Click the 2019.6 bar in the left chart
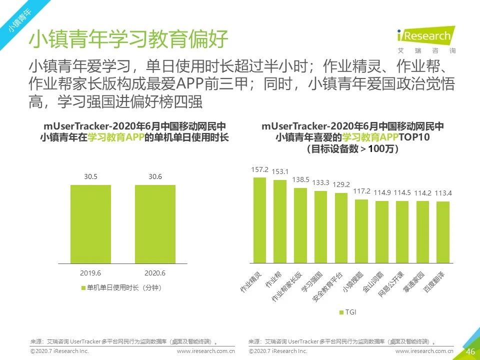point(90,224)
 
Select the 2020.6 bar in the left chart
point(155,224)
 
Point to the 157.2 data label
point(259,169)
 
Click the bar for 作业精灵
point(259,220)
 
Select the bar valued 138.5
point(300,225)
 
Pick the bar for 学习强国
point(321,226)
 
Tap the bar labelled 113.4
point(443,232)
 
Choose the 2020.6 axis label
point(155,273)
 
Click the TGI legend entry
point(347,312)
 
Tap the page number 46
point(470,351)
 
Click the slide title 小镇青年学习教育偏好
point(128,40)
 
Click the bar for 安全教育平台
point(341,227)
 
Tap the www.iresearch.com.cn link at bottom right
point(424,352)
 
